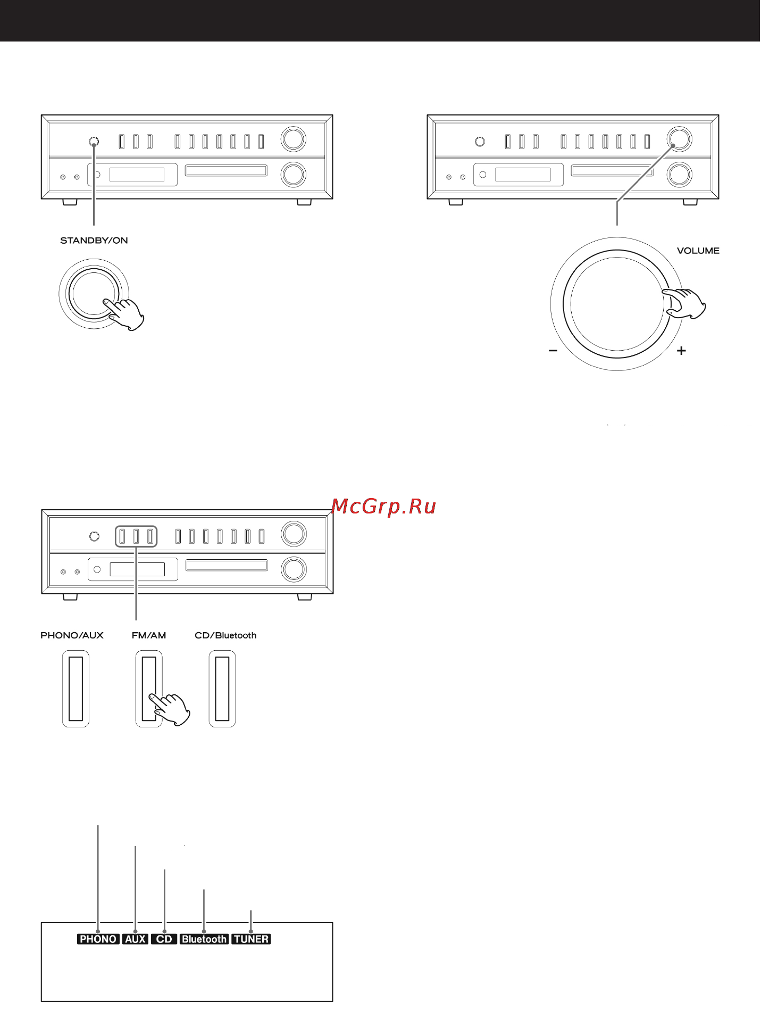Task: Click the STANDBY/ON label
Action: tap(94, 241)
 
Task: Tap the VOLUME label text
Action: tap(698, 251)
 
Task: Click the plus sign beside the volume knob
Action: tap(681, 351)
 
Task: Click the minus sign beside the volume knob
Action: tap(553, 351)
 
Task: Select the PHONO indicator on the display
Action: tap(98, 939)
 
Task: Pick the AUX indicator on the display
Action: tap(135, 939)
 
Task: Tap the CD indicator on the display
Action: tap(164, 939)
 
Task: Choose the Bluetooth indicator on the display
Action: tap(204, 939)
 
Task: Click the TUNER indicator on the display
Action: tap(251, 939)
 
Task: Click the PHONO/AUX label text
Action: tap(72, 635)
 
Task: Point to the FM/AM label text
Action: tap(149, 635)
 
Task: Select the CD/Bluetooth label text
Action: tap(225, 635)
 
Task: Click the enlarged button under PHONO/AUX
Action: tap(76, 689)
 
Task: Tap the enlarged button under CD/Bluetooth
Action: tap(222, 689)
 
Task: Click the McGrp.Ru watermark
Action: tap(383, 506)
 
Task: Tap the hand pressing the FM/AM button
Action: tap(171, 708)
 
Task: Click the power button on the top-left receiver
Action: tap(94, 142)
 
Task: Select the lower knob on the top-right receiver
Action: tap(679, 175)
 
